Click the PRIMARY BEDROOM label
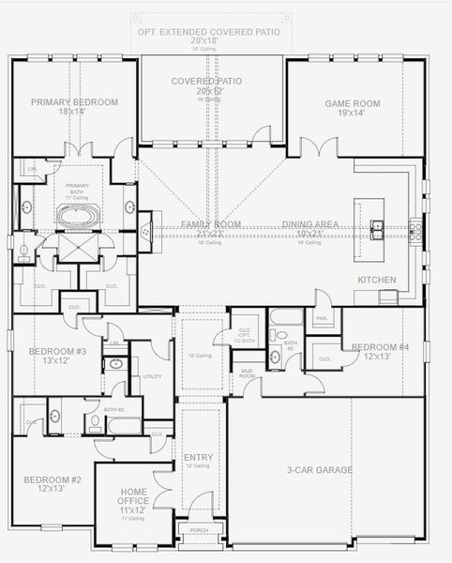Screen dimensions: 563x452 click(x=74, y=102)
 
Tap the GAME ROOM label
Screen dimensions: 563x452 click(x=350, y=103)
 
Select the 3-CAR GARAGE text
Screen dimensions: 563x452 click(x=320, y=470)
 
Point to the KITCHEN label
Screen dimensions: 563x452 click(x=376, y=280)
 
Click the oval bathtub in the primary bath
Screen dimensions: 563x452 click(x=76, y=217)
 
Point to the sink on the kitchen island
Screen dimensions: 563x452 click(x=377, y=226)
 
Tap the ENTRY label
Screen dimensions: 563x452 click(x=199, y=458)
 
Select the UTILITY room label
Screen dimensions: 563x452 click(x=152, y=376)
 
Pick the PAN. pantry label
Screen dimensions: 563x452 click(x=321, y=319)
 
